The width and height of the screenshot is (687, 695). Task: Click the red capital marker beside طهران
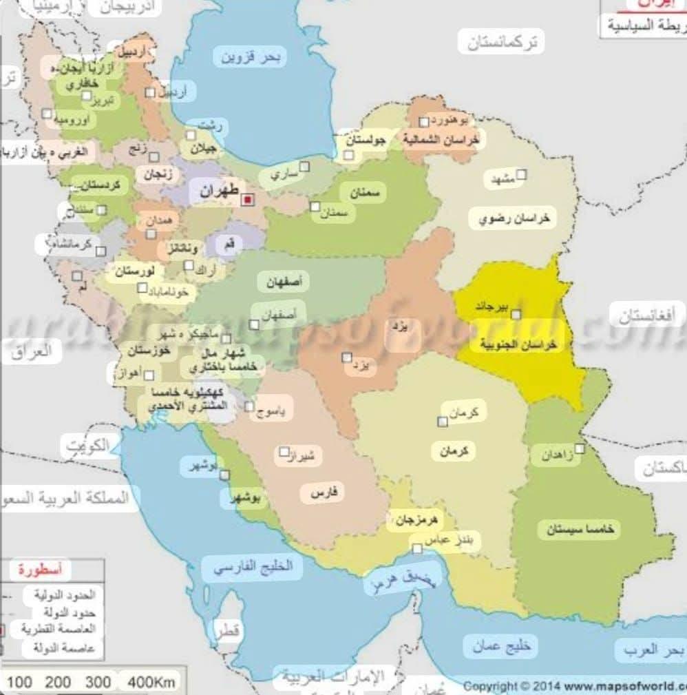248,199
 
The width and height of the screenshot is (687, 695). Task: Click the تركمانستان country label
501,43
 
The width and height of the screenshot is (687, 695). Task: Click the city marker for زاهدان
580,448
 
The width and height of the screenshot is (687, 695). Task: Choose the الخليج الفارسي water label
253,568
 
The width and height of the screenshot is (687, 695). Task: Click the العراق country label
32,351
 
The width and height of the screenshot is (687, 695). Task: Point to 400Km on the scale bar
151,682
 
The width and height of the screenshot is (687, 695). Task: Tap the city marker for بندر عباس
417,548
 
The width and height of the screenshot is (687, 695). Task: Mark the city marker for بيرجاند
516,314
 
